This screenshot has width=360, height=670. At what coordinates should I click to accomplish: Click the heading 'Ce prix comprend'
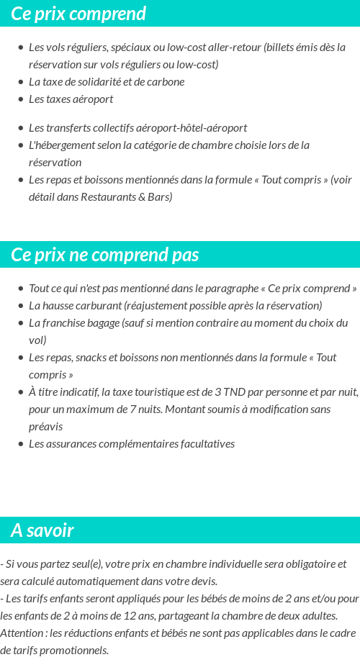pyautogui.click(x=78, y=14)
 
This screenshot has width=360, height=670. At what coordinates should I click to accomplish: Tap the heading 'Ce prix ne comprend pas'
pyautogui.click(x=105, y=255)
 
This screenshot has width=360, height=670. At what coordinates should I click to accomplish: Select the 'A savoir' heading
pyautogui.click(x=42, y=531)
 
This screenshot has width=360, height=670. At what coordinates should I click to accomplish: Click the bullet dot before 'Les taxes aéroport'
pyautogui.click(x=21, y=99)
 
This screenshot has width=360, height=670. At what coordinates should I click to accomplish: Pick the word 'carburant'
pyautogui.click(x=99, y=306)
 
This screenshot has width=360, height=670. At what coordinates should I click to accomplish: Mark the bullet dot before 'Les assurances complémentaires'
pyautogui.click(x=21, y=444)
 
